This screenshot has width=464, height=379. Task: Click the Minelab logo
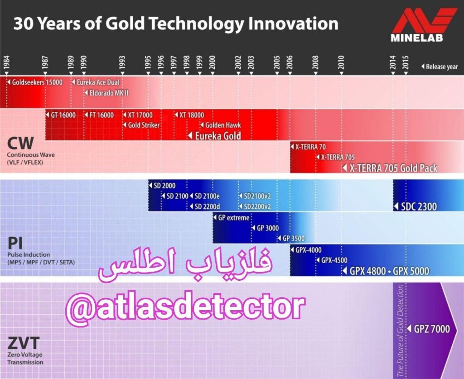click(x=423, y=25)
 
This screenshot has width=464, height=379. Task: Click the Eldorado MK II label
click(x=103, y=93)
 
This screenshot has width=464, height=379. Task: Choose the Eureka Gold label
click(x=217, y=135)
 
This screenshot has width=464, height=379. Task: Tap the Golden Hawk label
click(x=223, y=125)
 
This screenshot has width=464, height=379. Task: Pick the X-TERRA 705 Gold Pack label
click(x=393, y=168)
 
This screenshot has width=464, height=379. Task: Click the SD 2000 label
click(x=164, y=186)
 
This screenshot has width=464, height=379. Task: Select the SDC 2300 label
click(x=419, y=206)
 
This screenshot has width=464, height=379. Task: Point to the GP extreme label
click(x=234, y=218)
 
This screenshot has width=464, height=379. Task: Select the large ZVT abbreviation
click(x=23, y=343)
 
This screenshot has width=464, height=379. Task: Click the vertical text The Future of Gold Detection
click(x=400, y=331)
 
